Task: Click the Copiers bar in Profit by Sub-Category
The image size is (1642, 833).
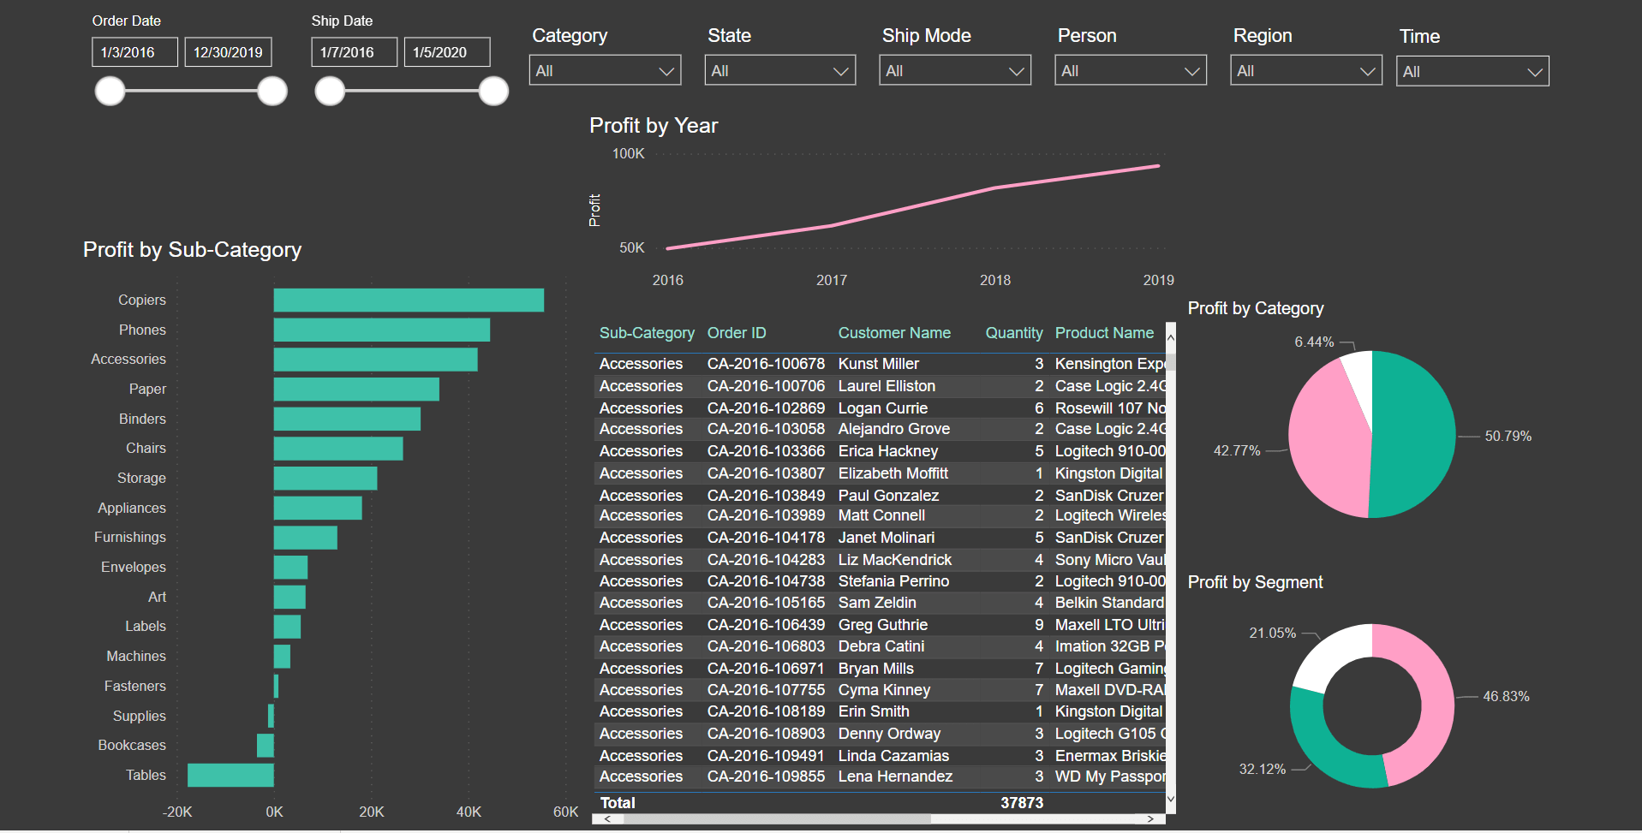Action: tap(409, 300)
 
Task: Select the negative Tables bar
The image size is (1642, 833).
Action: tap(230, 775)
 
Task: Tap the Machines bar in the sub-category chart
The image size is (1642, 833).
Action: tap(282, 656)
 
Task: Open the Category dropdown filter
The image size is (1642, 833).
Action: tap(605, 70)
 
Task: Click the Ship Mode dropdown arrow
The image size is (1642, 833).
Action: tap(1017, 71)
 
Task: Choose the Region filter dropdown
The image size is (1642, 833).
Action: tap(1305, 70)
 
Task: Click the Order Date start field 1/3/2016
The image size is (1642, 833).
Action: tap(134, 51)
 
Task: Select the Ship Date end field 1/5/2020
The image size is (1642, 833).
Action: tap(447, 51)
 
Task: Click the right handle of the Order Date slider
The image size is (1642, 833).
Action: tap(272, 91)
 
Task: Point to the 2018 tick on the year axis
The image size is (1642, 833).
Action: tap(995, 280)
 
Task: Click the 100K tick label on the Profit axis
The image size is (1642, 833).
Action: tap(628, 153)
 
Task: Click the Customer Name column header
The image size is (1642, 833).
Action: tap(894, 333)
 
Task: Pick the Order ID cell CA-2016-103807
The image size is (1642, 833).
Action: tap(766, 473)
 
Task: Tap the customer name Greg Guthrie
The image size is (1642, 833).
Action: tap(882, 625)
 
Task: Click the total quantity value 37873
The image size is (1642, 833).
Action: tap(1022, 803)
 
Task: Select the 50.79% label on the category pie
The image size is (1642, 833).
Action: tap(1508, 436)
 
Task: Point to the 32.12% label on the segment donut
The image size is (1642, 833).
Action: tap(1263, 769)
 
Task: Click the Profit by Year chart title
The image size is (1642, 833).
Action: tap(654, 126)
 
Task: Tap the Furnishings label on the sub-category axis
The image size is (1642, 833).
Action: tap(130, 537)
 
